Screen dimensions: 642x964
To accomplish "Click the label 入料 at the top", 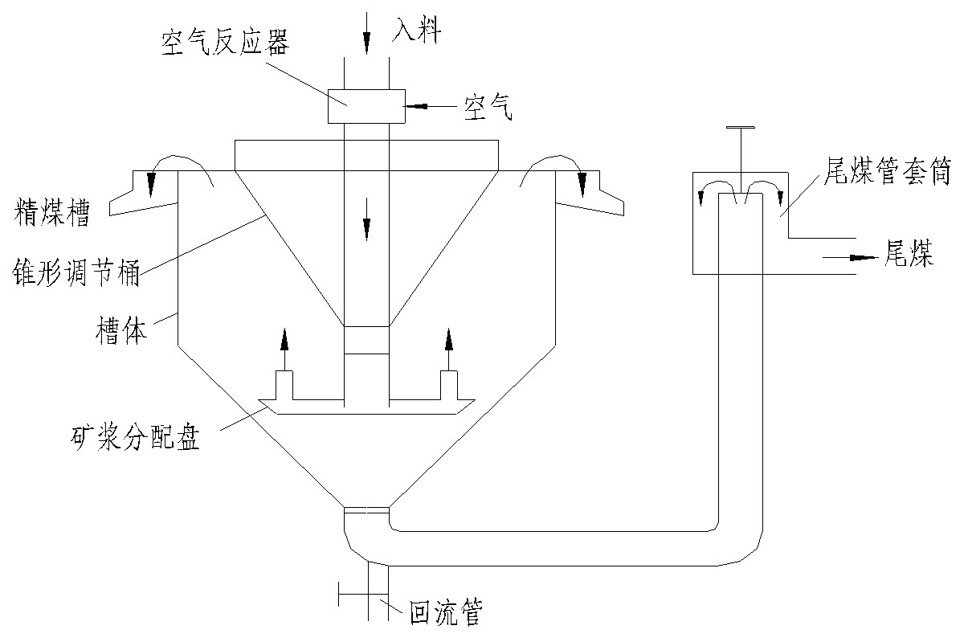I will click(x=416, y=31).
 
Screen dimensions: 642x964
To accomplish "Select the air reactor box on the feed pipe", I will click(x=366, y=105).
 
